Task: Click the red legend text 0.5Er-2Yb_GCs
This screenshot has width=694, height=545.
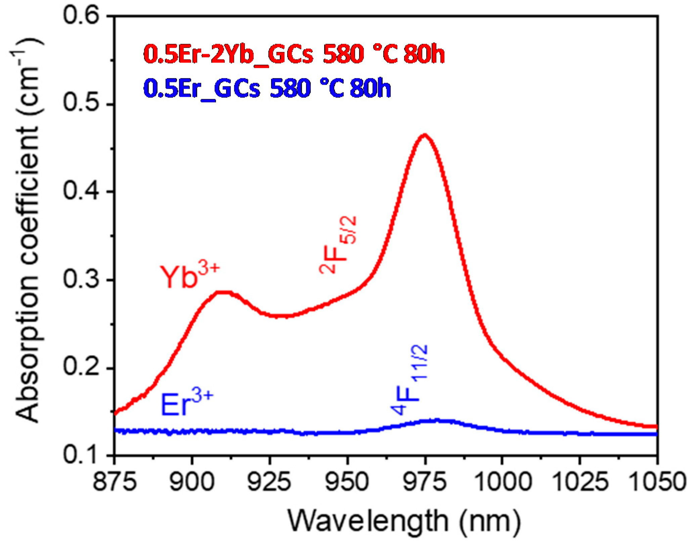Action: pos(228,55)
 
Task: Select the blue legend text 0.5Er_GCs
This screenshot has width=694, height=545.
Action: pos(202,89)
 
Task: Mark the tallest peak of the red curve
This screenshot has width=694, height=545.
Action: pos(425,135)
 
